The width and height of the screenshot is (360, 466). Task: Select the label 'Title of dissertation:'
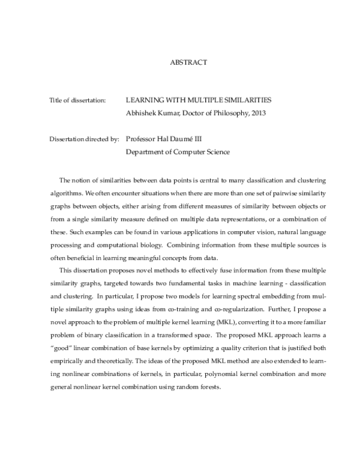(x=77, y=100)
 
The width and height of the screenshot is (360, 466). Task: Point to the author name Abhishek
(x=142, y=112)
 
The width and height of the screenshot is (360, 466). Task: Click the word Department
(x=147, y=152)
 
